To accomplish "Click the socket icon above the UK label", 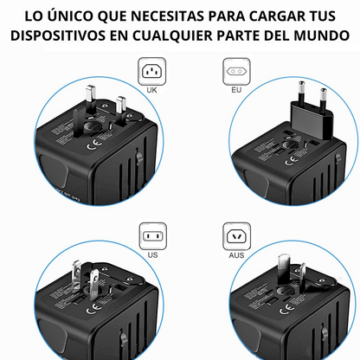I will click(152, 69).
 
